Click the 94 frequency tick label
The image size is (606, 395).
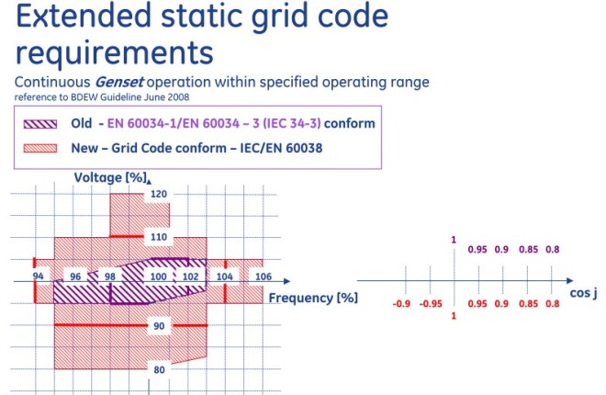(39, 276)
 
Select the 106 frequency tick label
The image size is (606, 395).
(264, 276)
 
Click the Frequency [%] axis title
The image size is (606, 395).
(313, 298)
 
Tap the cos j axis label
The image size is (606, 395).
(583, 294)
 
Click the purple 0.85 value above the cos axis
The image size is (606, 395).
(527, 250)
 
